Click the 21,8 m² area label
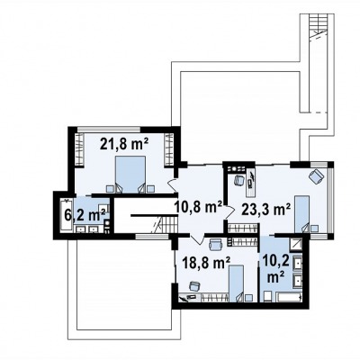pyautogui.click(x=124, y=144)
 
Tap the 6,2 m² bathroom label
pyautogui.click(x=85, y=215)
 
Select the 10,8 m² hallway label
pyautogui.click(x=198, y=207)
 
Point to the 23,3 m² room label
pyautogui.click(x=265, y=210)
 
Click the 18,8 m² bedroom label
pyautogui.click(x=206, y=263)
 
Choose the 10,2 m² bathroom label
pyautogui.click(x=276, y=269)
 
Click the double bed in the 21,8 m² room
pyautogui.click(x=130, y=175)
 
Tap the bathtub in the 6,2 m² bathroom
pyautogui.click(x=67, y=215)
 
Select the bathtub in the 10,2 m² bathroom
pyautogui.click(x=289, y=298)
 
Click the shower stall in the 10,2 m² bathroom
pyautogui.click(x=297, y=244)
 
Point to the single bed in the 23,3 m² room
pyautogui.click(x=301, y=214)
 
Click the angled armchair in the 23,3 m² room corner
pyautogui.click(x=316, y=176)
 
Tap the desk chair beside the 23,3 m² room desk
pyautogui.click(x=238, y=180)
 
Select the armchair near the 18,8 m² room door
pyautogui.click(x=215, y=244)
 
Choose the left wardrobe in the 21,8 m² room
pyautogui.click(x=79, y=149)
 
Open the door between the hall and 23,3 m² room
pyautogui.click(x=229, y=211)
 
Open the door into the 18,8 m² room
pyautogui.click(x=197, y=239)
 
